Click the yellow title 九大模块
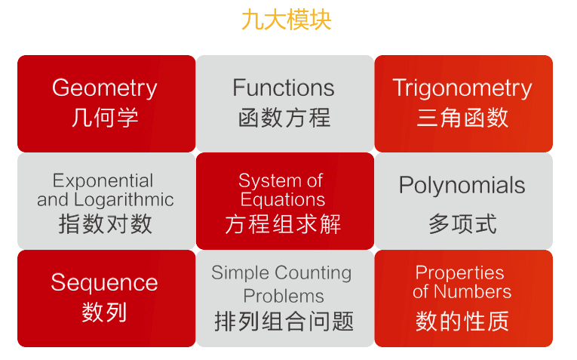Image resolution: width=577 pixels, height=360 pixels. pyautogui.click(x=287, y=20)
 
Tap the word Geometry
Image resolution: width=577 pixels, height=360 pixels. pyautogui.click(x=105, y=88)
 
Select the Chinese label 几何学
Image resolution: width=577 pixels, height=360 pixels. pyautogui.click(x=105, y=118)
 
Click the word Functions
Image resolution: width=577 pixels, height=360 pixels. pyautogui.click(x=284, y=88)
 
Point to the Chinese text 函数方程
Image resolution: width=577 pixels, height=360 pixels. pyautogui.click(x=284, y=118)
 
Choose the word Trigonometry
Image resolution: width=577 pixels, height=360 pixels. pyautogui.click(x=462, y=88)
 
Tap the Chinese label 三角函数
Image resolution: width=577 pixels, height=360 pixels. pyautogui.click(x=462, y=118)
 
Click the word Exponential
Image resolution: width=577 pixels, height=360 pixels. pyautogui.click(x=103, y=181)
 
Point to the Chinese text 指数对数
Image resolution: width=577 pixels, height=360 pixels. pyautogui.click(x=106, y=224)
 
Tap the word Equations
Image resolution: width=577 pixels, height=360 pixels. pyautogui.click(x=283, y=199)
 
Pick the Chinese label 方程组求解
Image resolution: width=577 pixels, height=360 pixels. pyautogui.click(x=283, y=224)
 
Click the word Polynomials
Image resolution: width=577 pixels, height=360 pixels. pyautogui.click(x=462, y=185)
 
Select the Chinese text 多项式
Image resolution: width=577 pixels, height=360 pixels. pyautogui.click(x=462, y=224)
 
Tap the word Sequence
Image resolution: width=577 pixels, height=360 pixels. pyautogui.click(x=104, y=283)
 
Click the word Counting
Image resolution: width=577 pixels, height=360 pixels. pyautogui.click(x=313, y=273)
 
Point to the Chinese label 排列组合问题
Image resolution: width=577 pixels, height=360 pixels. pyautogui.click(x=284, y=321)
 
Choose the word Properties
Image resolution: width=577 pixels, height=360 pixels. pyautogui.click(x=459, y=273)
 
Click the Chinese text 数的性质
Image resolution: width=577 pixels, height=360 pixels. pyautogui.click(x=462, y=321)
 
